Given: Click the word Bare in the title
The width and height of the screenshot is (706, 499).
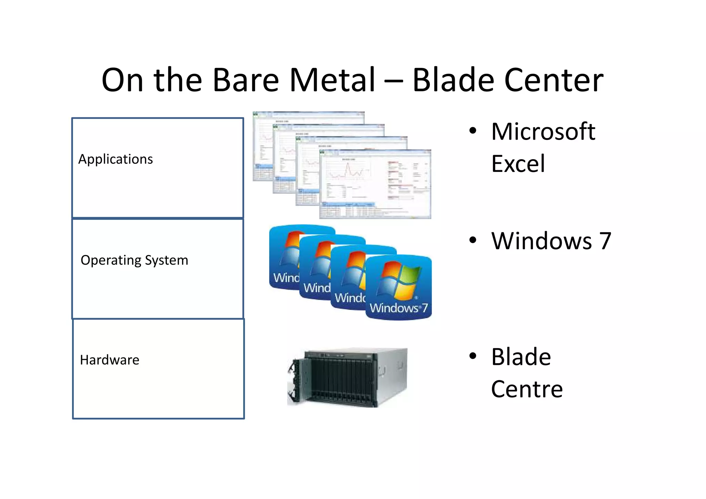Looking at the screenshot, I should pos(246,80).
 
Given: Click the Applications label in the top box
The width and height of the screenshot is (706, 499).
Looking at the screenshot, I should pos(115,159).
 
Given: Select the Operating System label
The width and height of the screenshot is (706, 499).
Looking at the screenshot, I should pos(134,260).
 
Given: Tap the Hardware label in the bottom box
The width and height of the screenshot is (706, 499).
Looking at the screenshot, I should pos(110,360).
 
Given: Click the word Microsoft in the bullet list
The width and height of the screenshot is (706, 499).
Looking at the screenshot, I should pos(543,132).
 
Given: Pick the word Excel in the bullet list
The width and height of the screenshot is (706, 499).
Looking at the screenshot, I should pos(518,164).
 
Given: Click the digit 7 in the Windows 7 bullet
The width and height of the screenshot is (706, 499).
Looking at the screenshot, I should pos(605,241).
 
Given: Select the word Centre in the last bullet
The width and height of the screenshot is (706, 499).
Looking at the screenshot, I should pos(527,389).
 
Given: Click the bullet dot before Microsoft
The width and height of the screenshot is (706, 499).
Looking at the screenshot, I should pos(473,131).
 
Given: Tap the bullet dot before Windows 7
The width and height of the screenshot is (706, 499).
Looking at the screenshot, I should pos(473,240).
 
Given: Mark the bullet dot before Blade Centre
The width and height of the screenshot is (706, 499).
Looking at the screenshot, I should pos(473,356).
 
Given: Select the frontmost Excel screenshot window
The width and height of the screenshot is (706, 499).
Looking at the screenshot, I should pos(375,184).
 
